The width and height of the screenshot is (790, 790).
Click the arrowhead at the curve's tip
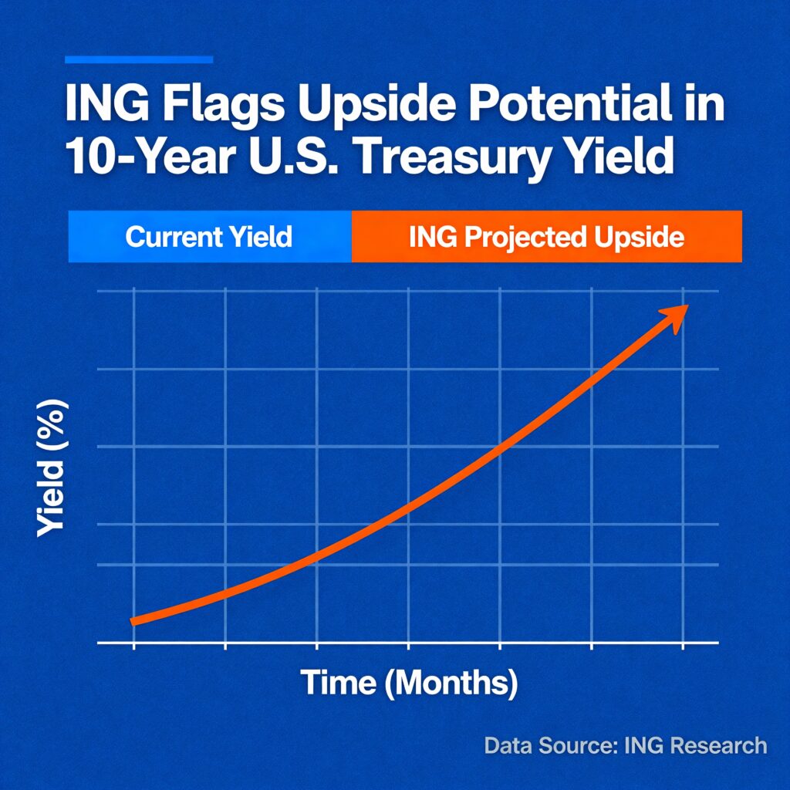pyautogui.click(x=675, y=317)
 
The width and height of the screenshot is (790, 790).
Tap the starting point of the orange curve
pyautogui.click(x=133, y=621)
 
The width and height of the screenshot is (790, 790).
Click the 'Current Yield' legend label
pyautogui.click(x=208, y=237)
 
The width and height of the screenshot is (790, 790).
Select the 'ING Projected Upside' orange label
pyautogui.click(x=547, y=237)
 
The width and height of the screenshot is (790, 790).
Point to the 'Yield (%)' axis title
pyautogui.click(x=52, y=468)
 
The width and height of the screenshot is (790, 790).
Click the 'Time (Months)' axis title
pyautogui.click(x=409, y=684)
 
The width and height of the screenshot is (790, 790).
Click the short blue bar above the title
pyautogui.click(x=139, y=60)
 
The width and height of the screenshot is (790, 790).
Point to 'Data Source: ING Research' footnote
pyautogui.click(x=626, y=746)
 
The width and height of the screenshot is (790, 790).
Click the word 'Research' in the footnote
pyautogui.click(x=721, y=746)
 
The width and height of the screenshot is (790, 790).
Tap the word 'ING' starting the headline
pyautogui.click(x=106, y=104)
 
